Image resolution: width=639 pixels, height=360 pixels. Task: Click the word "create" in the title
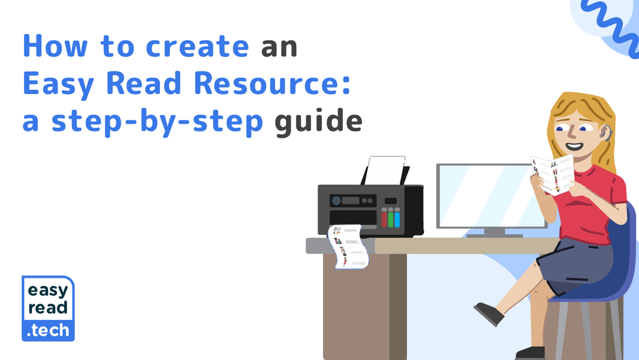tap(197, 47)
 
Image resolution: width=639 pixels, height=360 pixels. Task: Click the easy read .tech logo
tap(48, 308)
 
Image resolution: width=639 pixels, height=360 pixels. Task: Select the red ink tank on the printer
tap(384, 219)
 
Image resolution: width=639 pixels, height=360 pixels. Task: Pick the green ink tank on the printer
tap(391, 219)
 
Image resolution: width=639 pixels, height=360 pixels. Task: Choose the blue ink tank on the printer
tap(397, 219)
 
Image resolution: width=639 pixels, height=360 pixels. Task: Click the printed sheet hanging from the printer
tap(347, 246)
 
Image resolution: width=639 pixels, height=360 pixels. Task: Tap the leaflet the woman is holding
tap(553, 173)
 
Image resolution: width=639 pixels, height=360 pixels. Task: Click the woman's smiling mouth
tap(574, 146)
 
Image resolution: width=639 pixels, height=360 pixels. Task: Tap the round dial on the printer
tap(336, 201)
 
